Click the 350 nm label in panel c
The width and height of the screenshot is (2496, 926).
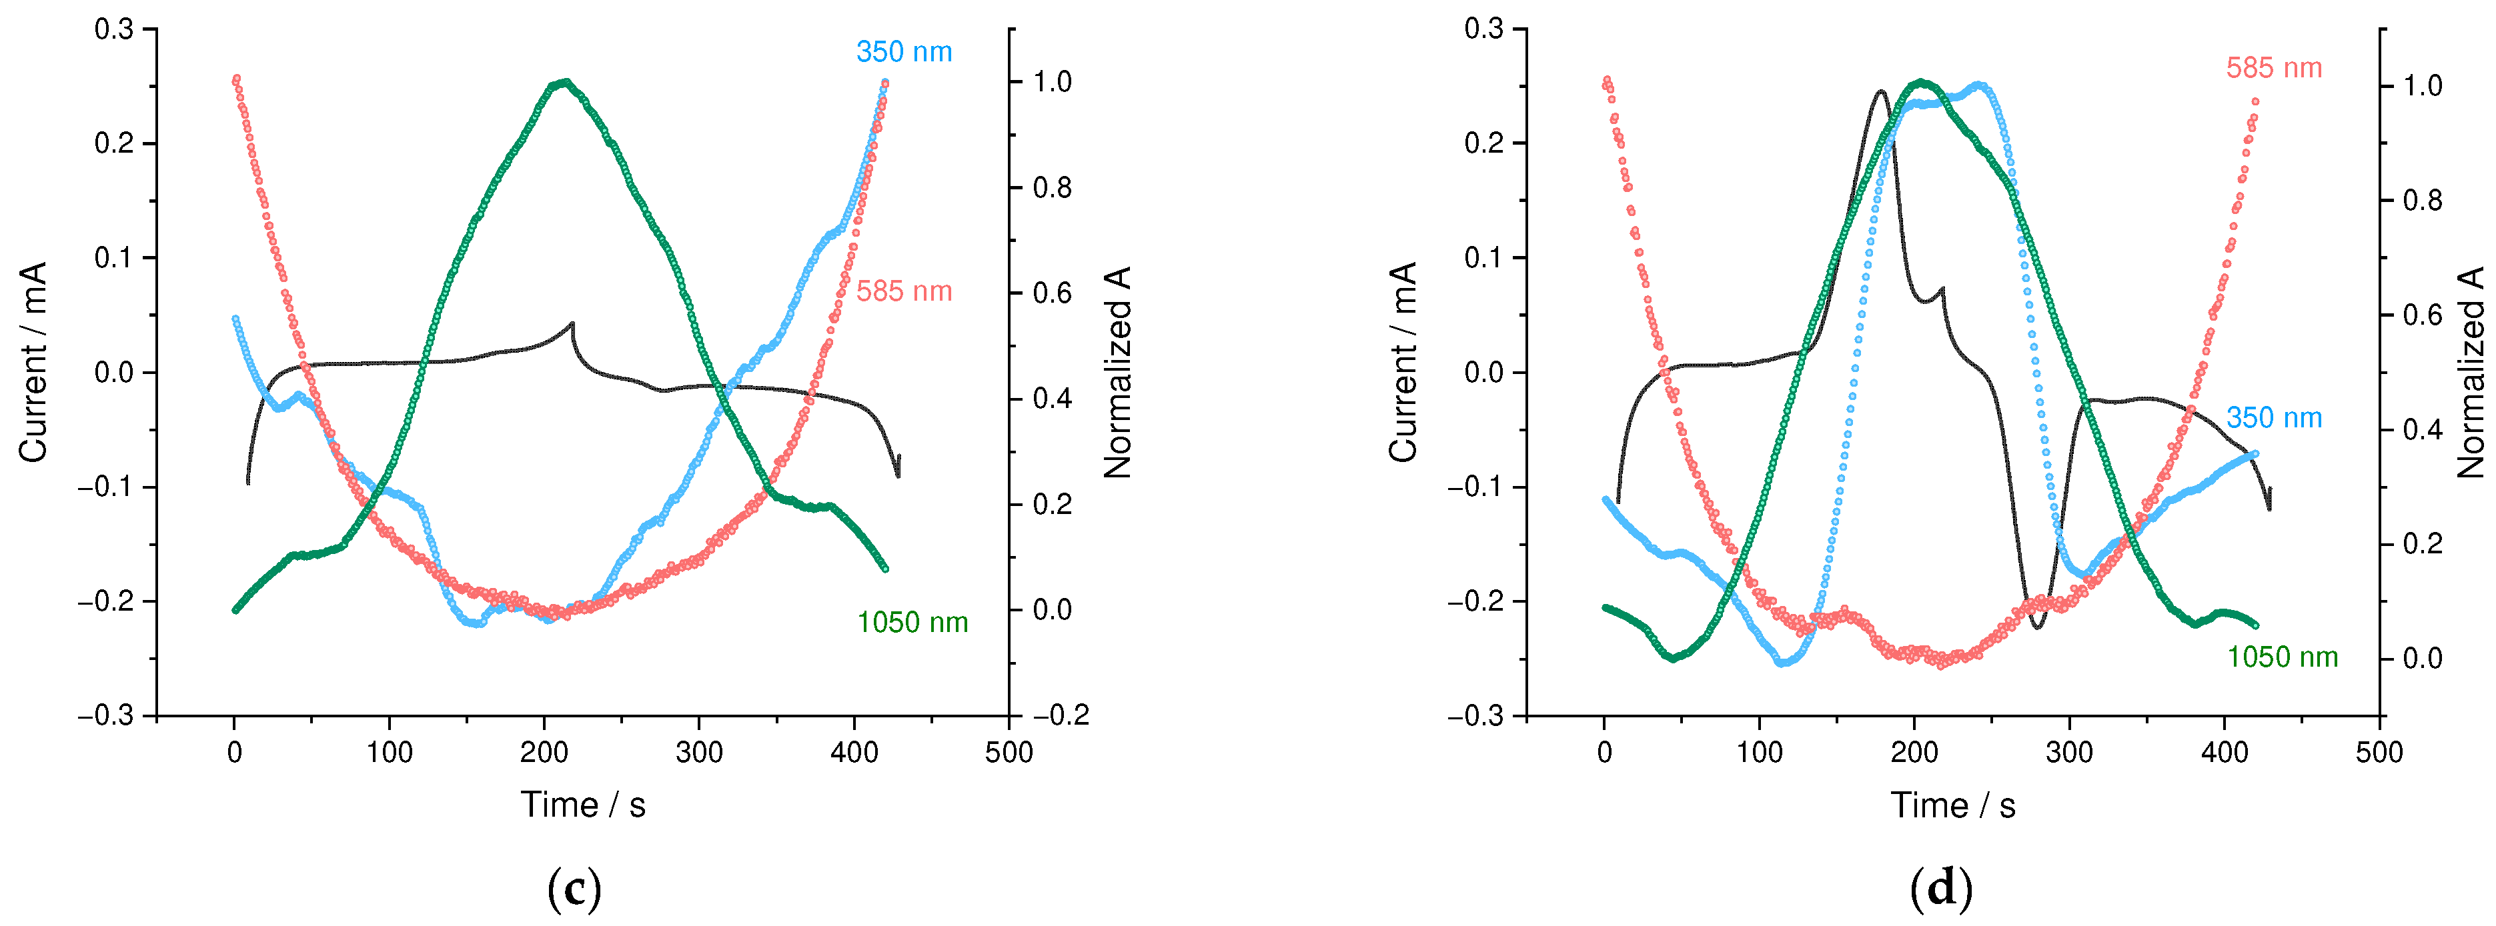pos(903,52)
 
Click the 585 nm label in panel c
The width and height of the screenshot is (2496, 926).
pos(903,291)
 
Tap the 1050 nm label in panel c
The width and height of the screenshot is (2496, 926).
pos(912,623)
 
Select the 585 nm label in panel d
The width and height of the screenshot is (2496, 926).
pos(2273,69)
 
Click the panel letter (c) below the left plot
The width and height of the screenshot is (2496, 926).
pos(574,887)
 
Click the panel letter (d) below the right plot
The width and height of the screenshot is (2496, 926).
pos(1941,887)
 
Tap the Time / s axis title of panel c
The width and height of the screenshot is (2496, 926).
pos(582,805)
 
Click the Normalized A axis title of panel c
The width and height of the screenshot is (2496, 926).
pos(1117,373)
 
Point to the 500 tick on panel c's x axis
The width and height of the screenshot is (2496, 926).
pos(1009,753)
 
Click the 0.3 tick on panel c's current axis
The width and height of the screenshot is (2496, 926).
pos(113,29)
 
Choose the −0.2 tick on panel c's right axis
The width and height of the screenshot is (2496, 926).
pos(1061,716)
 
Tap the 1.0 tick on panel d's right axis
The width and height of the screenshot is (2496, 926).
pos(2423,86)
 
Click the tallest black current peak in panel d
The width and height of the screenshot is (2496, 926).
pos(1881,92)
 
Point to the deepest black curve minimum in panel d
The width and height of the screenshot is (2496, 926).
pos(2036,627)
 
